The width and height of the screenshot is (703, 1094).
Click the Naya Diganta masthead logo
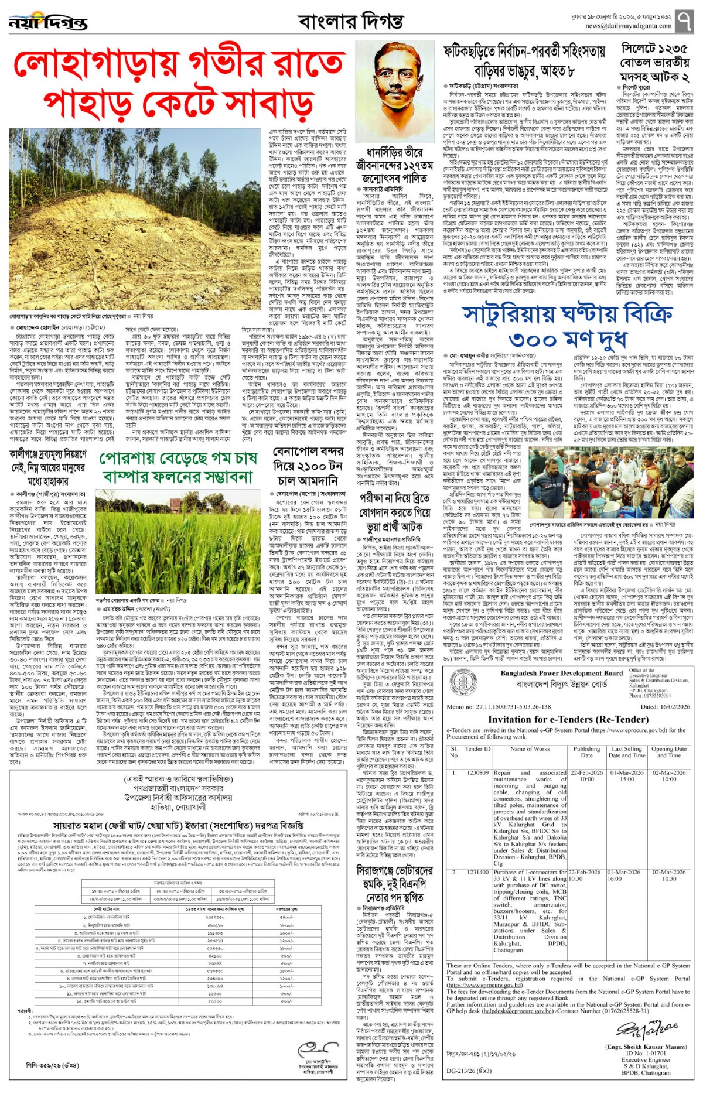click(48, 23)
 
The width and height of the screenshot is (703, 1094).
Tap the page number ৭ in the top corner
click(684, 22)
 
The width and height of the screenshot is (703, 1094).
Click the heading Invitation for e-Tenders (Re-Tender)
click(568, 719)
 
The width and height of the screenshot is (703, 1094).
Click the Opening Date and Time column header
click(668, 752)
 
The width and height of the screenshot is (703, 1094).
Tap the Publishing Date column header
click(586, 752)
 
